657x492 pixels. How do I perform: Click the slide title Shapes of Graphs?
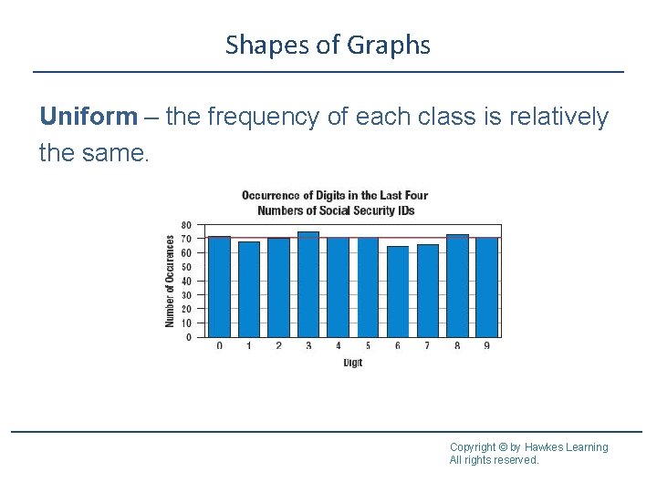[328, 45]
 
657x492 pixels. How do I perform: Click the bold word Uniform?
[89, 118]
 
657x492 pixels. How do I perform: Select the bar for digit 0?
[219, 287]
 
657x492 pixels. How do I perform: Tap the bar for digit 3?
[308, 284]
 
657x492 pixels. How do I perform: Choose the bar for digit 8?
[457, 286]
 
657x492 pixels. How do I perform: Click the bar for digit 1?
[249, 289]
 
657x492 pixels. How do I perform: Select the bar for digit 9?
[487, 287]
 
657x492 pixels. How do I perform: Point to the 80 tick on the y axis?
[186, 225]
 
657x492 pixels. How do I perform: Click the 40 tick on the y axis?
[186, 282]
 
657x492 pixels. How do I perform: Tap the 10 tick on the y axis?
[186, 323]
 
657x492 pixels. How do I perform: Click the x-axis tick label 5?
[368, 346]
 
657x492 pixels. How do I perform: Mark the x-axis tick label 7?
[427, 346]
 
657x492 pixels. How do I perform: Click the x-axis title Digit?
[353, 363]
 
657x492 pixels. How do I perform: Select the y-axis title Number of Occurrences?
[170, 281]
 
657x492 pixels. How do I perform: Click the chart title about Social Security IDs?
[335, 203]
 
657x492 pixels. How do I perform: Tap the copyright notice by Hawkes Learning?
[528, 446]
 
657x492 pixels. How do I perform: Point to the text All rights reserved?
[494, 460]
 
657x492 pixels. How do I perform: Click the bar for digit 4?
[339, 287]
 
